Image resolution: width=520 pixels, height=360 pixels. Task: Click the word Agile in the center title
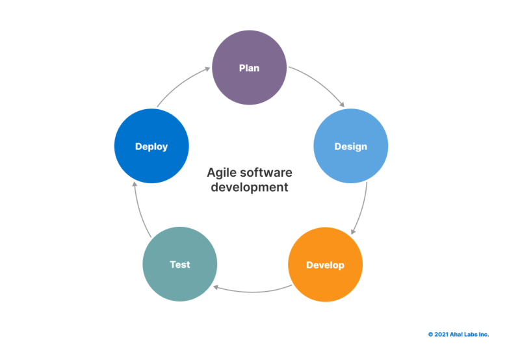pos(220,173)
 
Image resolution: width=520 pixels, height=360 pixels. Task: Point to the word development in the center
pos(250,187)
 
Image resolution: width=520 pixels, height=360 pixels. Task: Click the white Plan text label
pos(250,68)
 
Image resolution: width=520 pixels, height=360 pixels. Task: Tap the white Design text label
pos(350,146)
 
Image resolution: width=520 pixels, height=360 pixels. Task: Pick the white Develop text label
pos(325,265)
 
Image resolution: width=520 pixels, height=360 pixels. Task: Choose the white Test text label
pos(180,264)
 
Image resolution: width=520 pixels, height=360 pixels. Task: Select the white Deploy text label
pos(151,146)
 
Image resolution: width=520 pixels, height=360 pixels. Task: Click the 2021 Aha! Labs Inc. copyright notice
pos(458,334)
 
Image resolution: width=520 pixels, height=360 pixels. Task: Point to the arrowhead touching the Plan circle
pos(209,68)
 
